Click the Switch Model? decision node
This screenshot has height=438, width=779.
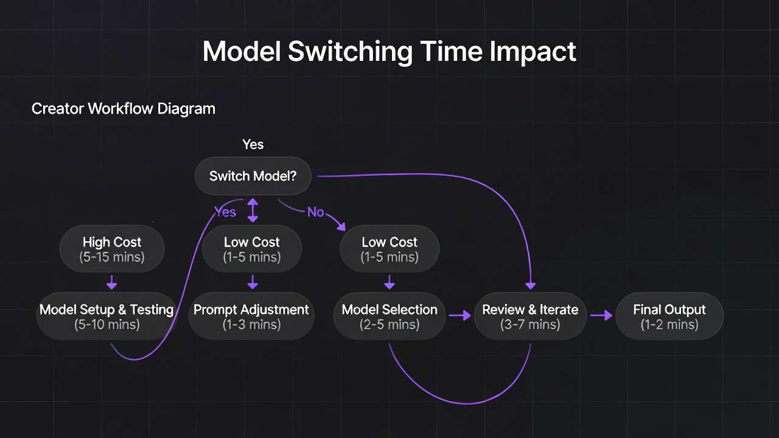[x=253, y=176]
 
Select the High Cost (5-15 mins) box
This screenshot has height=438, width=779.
[x=111, y=249]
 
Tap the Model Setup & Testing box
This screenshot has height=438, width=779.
[x=107, y=316]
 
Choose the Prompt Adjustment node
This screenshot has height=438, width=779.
[x=251, y=316]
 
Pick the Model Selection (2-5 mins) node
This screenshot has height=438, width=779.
[x=389, y=316]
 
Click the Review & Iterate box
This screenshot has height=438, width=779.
[x=530, y=316]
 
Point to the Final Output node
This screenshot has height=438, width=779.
[x=669, y=316]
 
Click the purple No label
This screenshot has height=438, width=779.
[x=315, y=212]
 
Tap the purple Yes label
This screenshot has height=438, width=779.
[x=225, y=212]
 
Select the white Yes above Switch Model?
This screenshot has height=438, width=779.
[x=253, y=144]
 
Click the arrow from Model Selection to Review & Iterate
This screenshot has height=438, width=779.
[x=459, y=316]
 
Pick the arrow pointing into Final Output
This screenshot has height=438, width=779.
[x=601, y=316]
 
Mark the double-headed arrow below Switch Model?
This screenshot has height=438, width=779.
[x=253, y=210]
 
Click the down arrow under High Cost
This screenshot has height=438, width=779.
[x=111, y=282]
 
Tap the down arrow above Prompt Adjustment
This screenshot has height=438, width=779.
[x=253, y=282]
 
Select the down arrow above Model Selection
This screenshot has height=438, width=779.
[x=389, y=282]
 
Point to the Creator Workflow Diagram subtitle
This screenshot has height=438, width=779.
[x=124, y=109]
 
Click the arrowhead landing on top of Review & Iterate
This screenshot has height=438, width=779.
[x=530, y=286]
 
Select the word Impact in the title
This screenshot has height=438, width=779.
[x=533, y=52]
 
